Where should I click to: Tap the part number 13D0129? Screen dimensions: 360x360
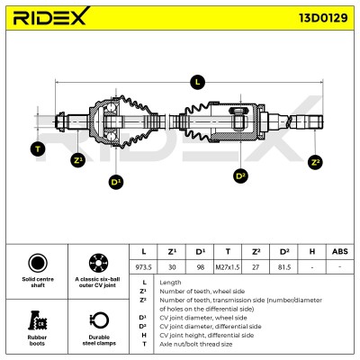323,18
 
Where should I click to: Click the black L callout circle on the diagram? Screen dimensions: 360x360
197,82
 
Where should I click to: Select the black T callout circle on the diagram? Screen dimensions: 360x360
38,148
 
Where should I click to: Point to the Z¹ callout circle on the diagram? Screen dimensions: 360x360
78,160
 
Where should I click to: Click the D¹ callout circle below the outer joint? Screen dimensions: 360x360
116,182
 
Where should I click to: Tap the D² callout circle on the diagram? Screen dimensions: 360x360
240,175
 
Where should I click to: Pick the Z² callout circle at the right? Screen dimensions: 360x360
315,162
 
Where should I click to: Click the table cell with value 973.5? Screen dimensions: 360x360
143,266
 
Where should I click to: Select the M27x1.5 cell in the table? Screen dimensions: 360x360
228,266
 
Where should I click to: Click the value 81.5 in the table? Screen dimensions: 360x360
283,266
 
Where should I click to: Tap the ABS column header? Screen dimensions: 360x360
340,251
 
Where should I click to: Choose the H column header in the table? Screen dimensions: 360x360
312,251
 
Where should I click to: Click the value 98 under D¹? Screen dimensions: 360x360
200,266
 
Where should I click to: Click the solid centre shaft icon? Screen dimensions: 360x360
38,263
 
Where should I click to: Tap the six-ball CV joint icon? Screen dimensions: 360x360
99,263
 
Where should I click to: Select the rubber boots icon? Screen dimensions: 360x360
37,320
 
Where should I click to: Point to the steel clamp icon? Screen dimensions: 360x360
99,320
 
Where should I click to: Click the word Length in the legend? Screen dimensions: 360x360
170,283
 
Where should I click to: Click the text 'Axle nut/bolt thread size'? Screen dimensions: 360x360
196,344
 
